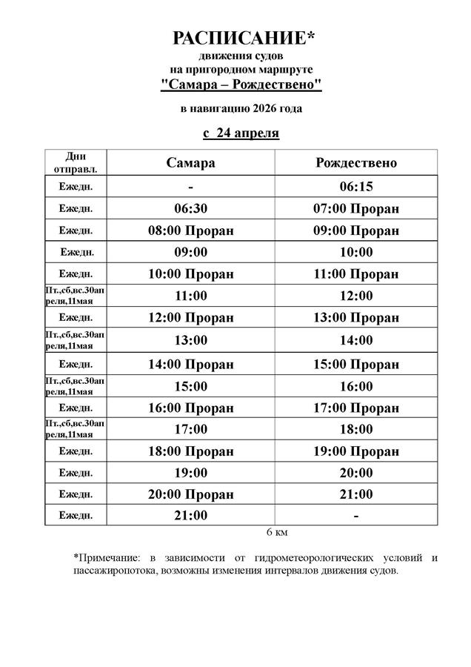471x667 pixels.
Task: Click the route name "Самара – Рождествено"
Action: pos(241,85)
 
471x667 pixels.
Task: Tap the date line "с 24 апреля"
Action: pos(241,133)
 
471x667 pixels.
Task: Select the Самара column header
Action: pos(190,162)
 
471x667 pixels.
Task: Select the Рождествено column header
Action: pos(356,162)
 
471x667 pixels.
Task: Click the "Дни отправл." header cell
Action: pos(76,162)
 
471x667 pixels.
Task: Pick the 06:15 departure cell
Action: pos(356,187)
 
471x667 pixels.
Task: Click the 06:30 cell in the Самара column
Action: pos(190,209)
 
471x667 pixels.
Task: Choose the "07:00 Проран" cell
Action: pos(356,209)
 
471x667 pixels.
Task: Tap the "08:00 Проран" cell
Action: pos(190,230)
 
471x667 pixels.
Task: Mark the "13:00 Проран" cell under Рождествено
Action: pos(356,318)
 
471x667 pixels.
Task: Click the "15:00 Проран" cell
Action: pos(356,364)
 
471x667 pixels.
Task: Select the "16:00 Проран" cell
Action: pos(190,408)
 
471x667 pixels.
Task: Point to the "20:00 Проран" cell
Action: pos(190,494)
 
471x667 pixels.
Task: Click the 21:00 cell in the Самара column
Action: pos(190,516)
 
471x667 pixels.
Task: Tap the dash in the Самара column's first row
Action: pos(190,187)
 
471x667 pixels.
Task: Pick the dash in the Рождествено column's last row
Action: pos(356,516)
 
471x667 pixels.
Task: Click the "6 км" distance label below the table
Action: pos(276,532)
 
